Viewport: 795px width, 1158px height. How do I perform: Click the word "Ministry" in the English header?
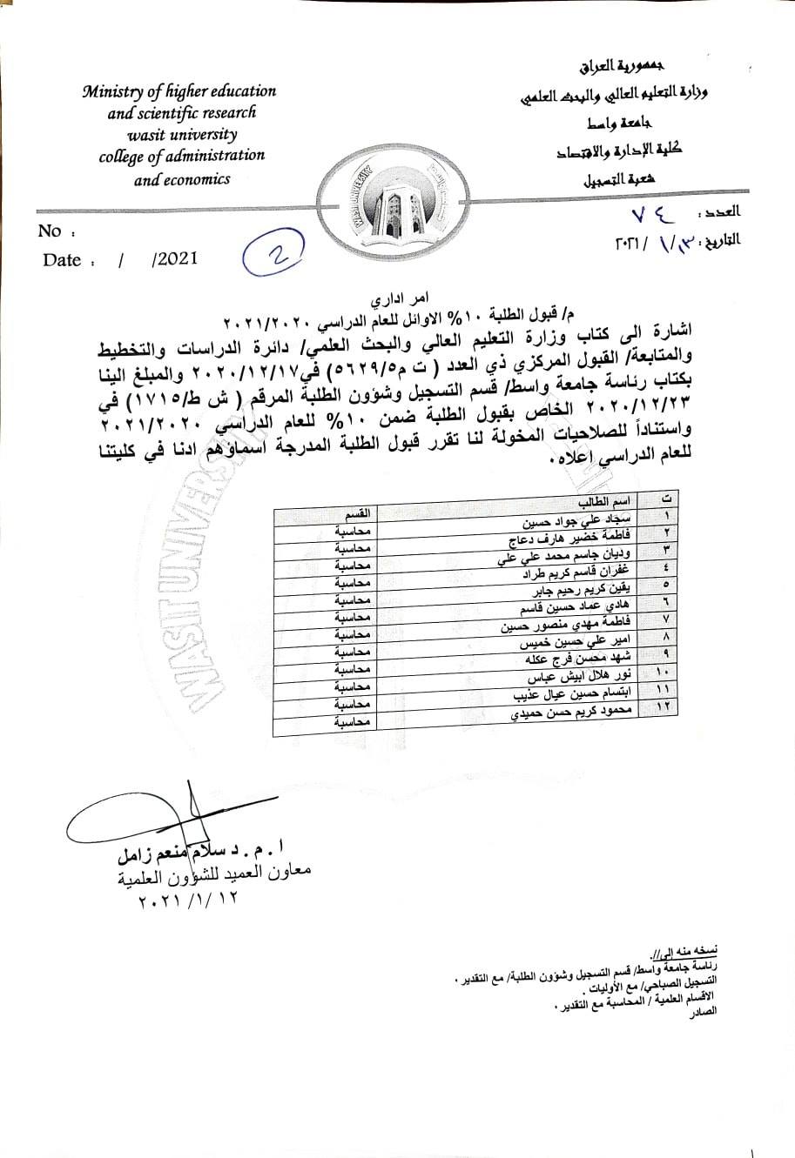tap(111, 91)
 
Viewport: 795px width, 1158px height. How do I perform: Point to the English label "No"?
tap(51, 231)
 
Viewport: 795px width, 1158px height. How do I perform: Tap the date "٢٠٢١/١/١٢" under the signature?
tap(186, 900)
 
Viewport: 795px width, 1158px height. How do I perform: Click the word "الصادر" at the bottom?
tap(703, 1019)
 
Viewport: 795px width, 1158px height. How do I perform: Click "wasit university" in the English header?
tap(181, 135)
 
